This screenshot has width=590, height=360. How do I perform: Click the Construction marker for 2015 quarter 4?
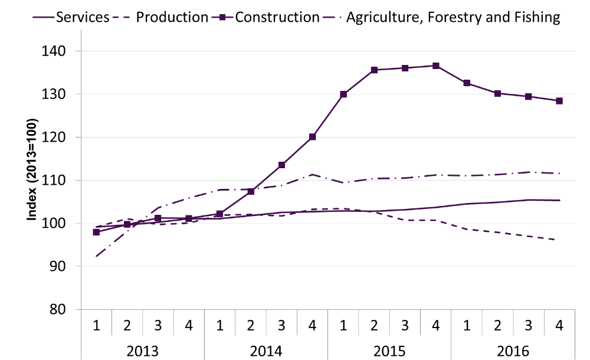(436, 66)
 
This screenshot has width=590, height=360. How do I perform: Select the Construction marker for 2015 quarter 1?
(343, 94)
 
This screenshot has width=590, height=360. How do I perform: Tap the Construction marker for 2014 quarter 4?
(313, 137)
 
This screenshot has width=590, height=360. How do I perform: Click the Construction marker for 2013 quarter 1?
(97, 233)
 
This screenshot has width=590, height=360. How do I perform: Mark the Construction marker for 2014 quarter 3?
(282, 165)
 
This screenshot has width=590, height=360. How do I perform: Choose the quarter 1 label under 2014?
(220, 325)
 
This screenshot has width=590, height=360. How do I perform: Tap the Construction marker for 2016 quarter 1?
(467, 83)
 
